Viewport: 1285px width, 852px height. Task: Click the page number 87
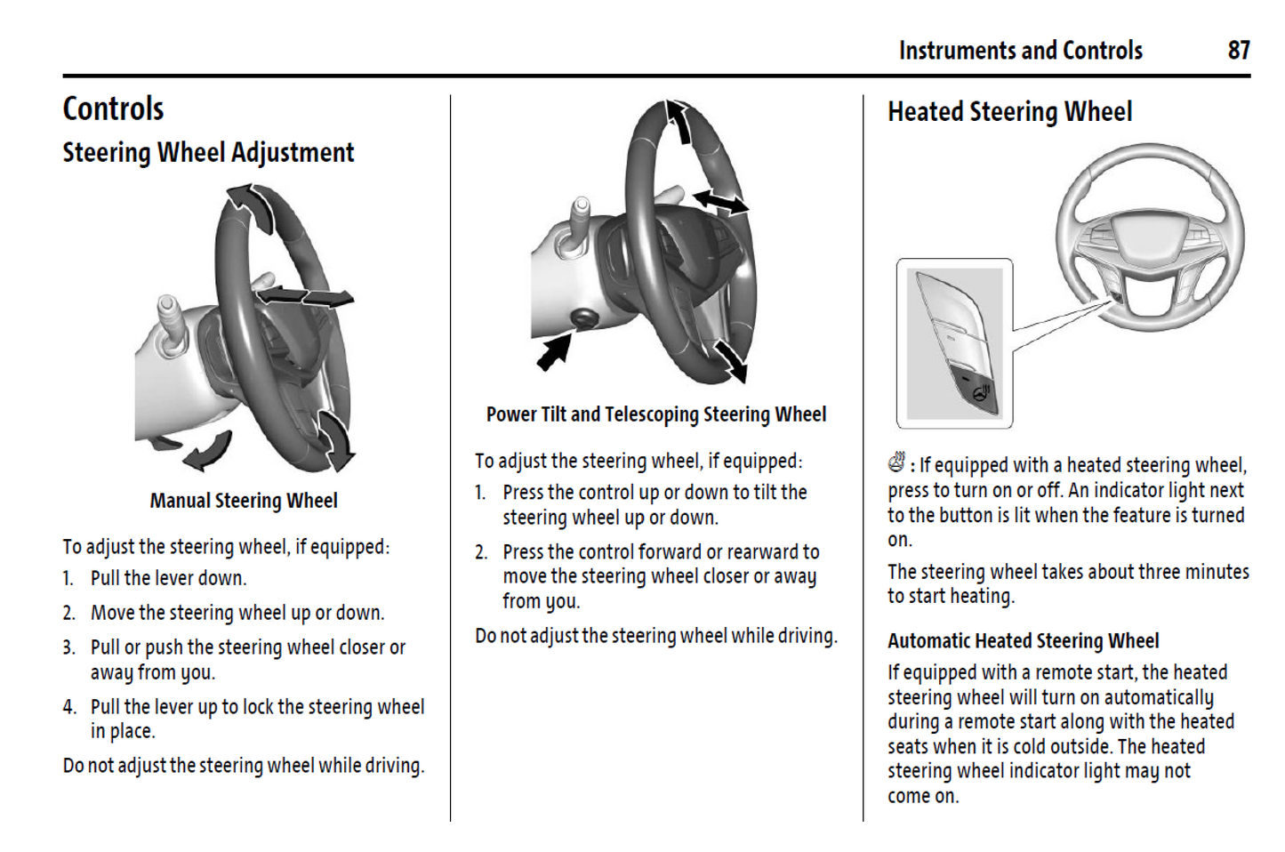click(1239, 50)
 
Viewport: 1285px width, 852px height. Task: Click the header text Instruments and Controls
click(1020, 50)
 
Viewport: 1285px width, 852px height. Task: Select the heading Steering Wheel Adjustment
click(208, 153)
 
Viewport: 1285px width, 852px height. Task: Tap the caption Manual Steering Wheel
click(244, 501)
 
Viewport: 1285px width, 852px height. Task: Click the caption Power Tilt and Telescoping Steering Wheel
click(655, 414)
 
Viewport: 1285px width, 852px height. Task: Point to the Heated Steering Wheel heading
click(1009, 112)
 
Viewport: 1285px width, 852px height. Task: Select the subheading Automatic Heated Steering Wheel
click(1023, 640)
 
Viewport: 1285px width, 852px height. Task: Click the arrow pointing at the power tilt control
click(553, 352)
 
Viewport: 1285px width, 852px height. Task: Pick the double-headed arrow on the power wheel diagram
click(720, 203)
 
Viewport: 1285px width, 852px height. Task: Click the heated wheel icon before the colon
click(896, 462)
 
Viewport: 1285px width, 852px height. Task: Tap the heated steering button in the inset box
click(980, 392)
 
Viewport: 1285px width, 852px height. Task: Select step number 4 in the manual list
click(69, 707)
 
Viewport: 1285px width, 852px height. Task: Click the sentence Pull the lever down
click(168, 578)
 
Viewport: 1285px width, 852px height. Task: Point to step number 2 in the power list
click(481, 552)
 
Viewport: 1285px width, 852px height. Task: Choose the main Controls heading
click(113, 109)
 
